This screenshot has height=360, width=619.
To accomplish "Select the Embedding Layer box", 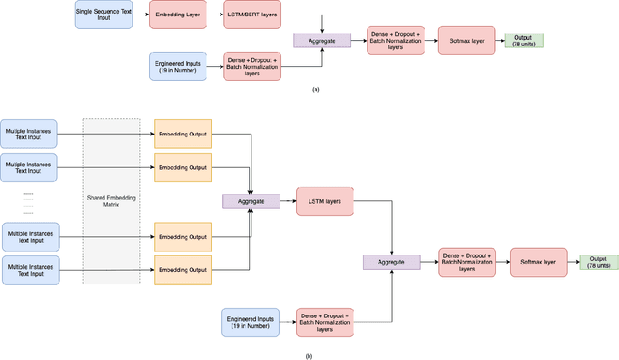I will (178, 15).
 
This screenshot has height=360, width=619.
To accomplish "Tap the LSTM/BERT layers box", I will (254, 15).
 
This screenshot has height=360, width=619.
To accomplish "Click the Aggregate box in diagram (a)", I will (321, 40).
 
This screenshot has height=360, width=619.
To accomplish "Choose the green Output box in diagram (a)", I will (523, 41).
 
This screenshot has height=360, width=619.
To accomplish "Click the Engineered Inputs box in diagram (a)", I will (179, 66).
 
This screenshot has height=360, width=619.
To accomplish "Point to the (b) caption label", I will (309, 355).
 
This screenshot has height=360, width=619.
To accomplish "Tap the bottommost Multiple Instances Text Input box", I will (30, 270).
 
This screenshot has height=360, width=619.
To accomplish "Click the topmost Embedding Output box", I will (182, 133).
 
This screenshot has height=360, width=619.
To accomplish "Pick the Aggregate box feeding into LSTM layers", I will (251, 200).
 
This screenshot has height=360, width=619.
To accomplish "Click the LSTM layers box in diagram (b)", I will (325, 200).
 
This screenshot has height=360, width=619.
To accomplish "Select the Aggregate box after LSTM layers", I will (391, 261).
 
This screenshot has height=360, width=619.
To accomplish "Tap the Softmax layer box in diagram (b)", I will (538, 261).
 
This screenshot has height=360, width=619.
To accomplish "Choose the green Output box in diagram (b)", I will (598, 261).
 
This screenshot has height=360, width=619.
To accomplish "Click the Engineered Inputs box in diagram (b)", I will (251, 322).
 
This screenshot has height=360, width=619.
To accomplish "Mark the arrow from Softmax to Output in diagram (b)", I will (572, 261).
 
